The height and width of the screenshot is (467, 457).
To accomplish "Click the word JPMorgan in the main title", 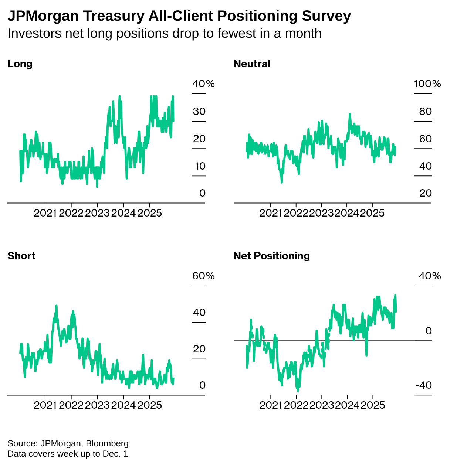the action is [43, 16].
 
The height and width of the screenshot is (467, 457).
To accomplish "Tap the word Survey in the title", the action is [326, 16].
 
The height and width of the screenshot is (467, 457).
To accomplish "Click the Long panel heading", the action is [20, 64].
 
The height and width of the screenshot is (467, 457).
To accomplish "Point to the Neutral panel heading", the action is [252, 64].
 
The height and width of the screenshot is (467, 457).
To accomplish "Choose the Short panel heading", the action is [21, 256].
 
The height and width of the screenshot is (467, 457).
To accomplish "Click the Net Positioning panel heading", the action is [272, 256].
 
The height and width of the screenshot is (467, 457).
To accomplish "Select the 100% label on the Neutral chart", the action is [427, 84].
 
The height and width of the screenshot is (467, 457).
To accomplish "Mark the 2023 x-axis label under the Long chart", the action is [97, 213].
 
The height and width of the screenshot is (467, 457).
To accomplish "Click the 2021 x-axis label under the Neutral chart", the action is [271, 213].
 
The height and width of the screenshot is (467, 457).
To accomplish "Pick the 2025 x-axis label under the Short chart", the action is [150, 405].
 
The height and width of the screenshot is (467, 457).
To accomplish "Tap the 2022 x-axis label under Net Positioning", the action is [296, 405].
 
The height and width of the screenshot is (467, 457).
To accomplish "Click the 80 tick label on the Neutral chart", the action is [426, 111].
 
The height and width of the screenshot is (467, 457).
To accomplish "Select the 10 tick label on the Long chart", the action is [200, 166].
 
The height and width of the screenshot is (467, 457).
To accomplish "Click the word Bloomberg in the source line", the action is [107, 443].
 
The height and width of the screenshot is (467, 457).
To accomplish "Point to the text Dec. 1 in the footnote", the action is [115, 454].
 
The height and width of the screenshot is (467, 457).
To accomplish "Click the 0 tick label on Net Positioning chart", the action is [429, 331].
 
